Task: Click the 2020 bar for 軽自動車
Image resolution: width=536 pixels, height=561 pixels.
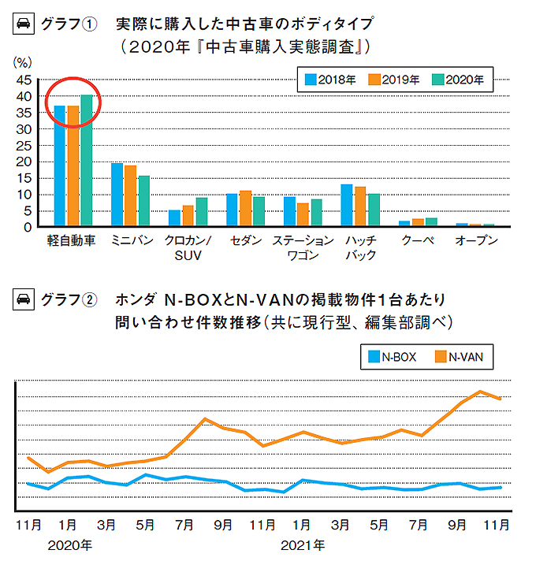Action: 87,162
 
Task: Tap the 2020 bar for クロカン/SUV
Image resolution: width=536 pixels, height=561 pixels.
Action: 202,212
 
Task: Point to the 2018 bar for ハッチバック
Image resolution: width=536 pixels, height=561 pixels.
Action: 346,205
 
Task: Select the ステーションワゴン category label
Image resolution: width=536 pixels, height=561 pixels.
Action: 303,248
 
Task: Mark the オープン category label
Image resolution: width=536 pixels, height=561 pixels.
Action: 476,241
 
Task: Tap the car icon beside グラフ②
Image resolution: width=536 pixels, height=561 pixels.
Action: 23,300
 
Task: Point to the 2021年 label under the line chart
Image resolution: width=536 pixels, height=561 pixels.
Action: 301,545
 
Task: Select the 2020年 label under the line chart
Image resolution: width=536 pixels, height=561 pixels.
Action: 69,545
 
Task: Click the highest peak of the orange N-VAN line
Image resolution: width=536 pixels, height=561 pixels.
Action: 480,392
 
